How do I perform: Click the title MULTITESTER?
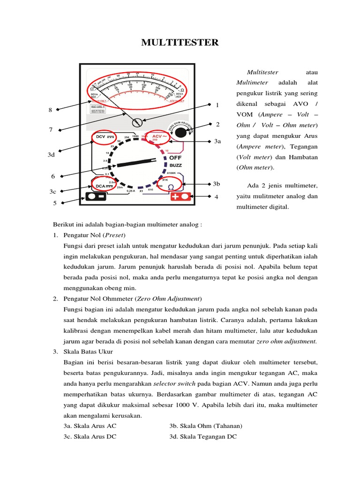pyautogui.click(x=180, y=43)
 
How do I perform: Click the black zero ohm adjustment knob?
pyautogui.click(x=180, y=132)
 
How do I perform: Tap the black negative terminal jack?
pyautogui.click(x=96, y=197)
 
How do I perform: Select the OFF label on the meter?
pyautogui.click(x=175, y=158)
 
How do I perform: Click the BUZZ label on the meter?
pyautogui.click(x=176, y=165)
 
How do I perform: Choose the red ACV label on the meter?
pyautogui.click(x=158, y=137)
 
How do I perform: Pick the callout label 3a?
pyautogui.click(x=217, y=141)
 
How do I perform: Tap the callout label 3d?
pyautogui.click(x=52, y=154)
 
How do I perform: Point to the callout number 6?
pyautogui.click(x=53, y=176)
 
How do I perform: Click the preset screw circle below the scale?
pyautogui.click(x=137, y=122)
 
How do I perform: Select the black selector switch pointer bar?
pyautogui.click(x=136, y=163)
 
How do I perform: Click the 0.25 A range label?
pyautogui.click(x=130, y=191)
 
